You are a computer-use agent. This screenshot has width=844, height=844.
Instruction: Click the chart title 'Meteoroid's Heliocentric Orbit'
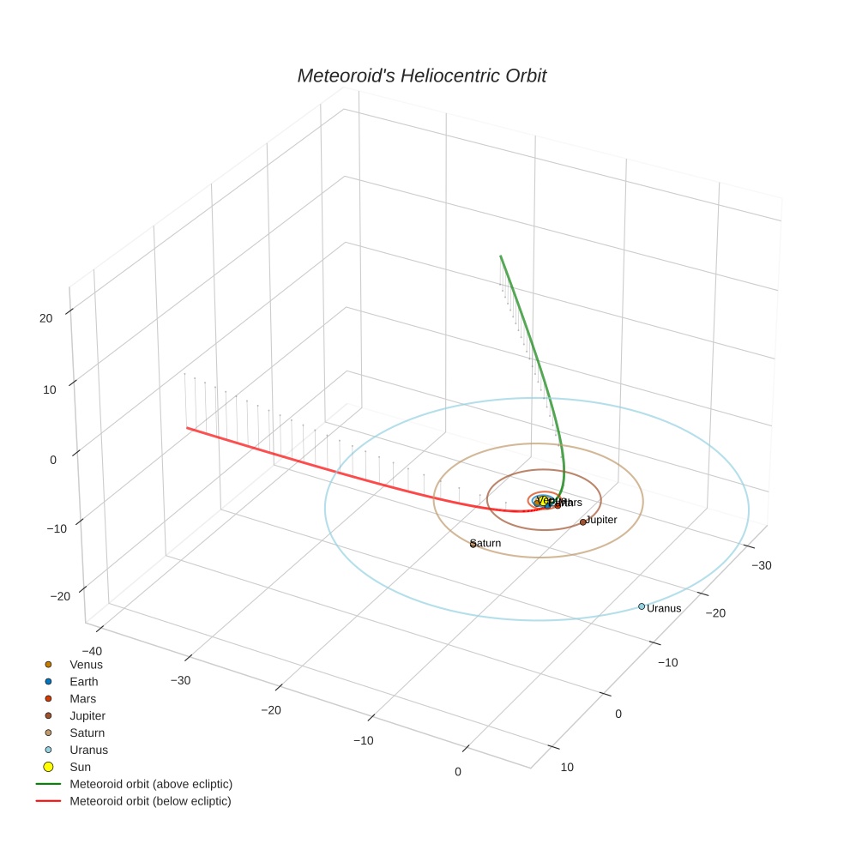421,76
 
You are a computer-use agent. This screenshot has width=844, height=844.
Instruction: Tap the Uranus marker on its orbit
642,606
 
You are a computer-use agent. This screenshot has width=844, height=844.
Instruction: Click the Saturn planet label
486,543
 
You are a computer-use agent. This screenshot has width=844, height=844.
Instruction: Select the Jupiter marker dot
583,521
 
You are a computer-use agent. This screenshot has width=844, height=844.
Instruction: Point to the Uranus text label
664,608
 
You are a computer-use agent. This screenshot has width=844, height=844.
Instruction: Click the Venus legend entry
86,664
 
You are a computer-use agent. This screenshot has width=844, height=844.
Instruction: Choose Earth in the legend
84,681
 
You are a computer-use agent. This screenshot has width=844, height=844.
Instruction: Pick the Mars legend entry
82,698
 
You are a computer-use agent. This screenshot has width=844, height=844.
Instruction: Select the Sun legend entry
80,767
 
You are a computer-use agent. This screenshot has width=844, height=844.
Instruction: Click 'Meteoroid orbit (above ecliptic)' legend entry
151,784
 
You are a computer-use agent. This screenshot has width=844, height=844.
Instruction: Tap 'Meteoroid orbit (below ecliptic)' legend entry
150,801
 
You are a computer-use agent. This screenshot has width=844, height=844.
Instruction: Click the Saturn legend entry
87,732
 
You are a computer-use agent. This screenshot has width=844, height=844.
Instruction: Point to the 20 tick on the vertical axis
45,318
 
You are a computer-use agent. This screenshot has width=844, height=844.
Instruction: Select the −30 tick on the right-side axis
762,565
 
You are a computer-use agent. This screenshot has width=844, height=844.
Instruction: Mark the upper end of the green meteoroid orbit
501,256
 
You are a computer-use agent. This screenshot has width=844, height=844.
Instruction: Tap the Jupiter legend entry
87,715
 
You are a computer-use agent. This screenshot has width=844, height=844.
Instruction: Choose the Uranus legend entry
88,750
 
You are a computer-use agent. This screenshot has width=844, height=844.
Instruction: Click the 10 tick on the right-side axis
567,768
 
